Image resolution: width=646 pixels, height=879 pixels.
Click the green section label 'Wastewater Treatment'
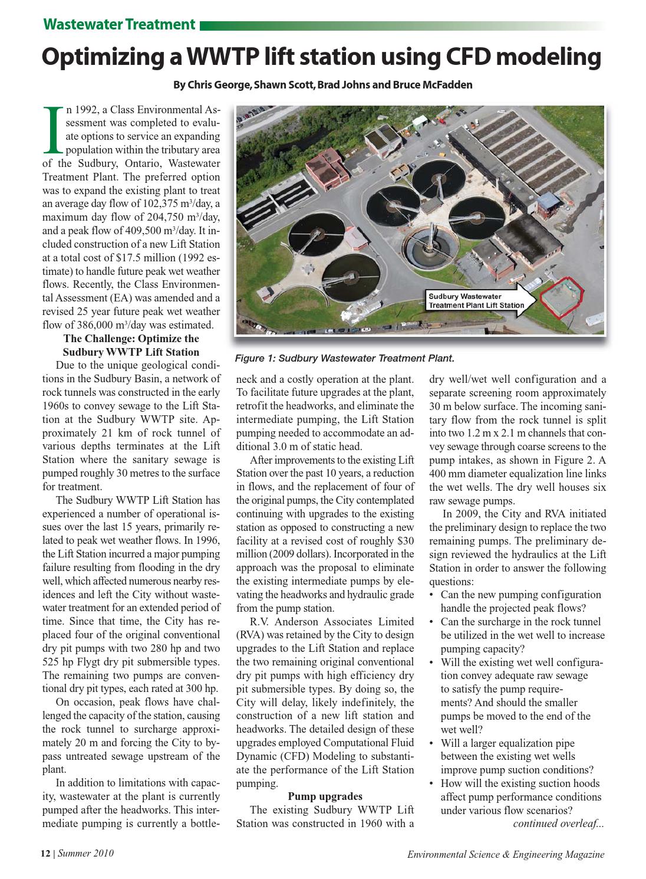[x=119, y=24]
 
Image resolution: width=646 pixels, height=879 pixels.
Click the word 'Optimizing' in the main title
[x=110, y=57]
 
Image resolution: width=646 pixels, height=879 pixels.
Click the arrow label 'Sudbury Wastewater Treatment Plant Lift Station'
[x=476, y=300]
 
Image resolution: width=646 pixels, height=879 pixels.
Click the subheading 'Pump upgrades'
[x=325, y=796]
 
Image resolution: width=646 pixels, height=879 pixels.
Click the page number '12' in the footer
[x=45, y=854]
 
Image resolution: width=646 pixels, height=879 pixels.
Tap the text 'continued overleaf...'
[x=558, y=824]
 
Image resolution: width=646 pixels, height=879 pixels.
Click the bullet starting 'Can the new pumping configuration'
[x=520, y=595]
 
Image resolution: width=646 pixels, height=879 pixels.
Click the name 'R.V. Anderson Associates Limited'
[x=332, y=622]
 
